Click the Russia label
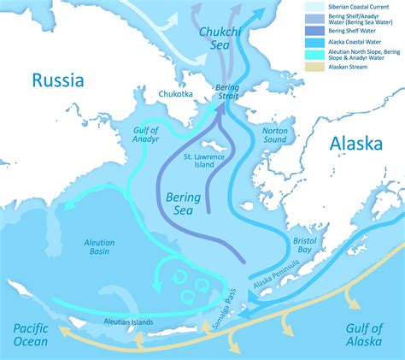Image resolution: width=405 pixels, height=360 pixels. pyautogui.click(x=58, y=80)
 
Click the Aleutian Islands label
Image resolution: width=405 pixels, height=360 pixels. pyautogui.click(x=128, y=322)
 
